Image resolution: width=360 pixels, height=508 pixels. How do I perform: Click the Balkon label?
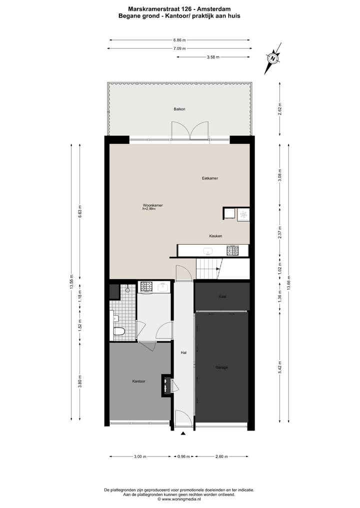(x=179, y=109)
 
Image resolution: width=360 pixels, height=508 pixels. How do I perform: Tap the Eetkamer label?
(x=209, y=178)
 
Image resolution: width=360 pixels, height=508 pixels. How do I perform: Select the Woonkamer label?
(x=152, y=205)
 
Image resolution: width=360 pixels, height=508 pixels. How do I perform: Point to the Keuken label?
(x=215, y=236)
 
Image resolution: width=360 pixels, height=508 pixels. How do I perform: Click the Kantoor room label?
(x=138, y=381)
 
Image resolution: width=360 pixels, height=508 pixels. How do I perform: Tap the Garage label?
(x=222, y=367)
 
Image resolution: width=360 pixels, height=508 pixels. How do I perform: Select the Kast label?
(x=222, y=297)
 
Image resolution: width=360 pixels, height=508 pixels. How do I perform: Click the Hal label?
(x=183, y=353)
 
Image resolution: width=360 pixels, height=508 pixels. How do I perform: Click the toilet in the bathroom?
(x=119, y=331)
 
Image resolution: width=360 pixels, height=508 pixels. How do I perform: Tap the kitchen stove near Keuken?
(x=232, y=250)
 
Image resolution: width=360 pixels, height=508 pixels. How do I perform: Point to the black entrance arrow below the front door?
(x=183, y=433)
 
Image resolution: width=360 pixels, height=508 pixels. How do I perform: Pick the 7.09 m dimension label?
(x=179, y=48)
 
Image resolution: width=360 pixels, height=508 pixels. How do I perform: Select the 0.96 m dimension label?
(x=183, y=457)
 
